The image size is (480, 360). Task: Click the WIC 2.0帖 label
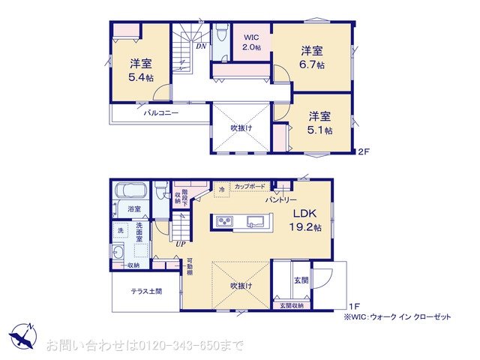pos(251,42)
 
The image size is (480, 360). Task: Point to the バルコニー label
pos(160,113)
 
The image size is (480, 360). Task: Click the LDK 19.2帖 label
pos(307,220)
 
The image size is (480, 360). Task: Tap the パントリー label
pos(281,200)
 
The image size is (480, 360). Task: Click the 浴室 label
pos(134,208)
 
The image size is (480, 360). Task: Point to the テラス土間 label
pos(145,291)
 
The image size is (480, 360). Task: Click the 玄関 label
pos(300,280)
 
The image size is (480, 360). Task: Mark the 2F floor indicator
pos(363,151)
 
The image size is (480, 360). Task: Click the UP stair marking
pos(180,244)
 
